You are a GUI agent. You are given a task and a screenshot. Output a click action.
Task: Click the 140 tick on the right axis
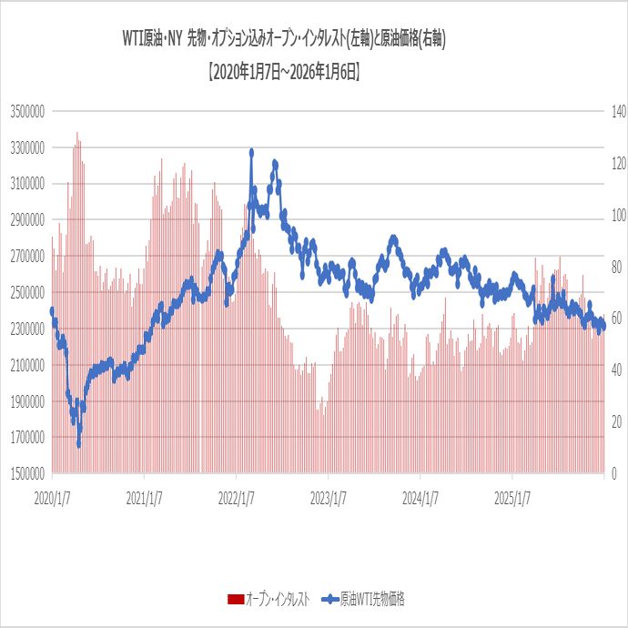[x=619, y=111]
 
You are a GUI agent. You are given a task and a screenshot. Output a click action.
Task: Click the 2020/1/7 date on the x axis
[x=53, y=498]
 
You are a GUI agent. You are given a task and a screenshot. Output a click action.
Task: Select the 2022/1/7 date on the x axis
[x=237, y=498]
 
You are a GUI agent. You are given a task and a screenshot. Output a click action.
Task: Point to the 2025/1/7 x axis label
[x=513, y=498]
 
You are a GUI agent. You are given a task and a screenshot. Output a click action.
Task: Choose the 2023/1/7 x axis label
[x=329, y=498]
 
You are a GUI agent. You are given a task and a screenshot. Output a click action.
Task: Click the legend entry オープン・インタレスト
[x=278, y=598]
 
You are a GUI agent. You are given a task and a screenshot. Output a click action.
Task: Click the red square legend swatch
[x=235, y=599]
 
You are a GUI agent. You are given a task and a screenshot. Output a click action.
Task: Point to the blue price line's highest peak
[x=251, y=152]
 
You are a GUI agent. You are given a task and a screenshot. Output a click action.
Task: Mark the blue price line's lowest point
[x=79, y=444]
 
